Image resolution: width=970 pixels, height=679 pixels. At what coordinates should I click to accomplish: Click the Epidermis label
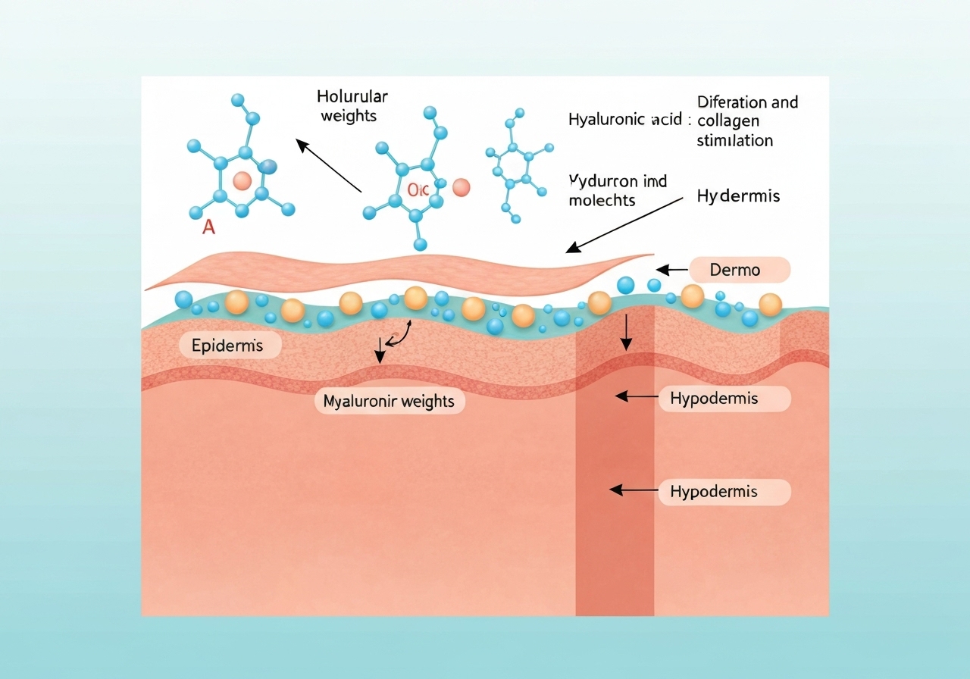click(227, 346)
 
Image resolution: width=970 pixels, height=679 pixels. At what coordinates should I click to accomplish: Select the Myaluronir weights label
click(389, 401)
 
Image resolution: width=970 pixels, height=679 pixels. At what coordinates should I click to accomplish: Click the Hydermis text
click(738, 196)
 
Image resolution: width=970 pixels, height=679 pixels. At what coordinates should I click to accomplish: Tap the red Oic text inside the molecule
click(418, 190)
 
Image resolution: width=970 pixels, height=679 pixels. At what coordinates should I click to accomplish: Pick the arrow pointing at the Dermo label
click(671, 270)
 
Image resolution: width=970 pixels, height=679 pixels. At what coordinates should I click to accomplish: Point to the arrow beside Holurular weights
click(329, 165)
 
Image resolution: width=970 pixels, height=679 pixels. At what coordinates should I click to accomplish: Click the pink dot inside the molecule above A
click(242, 181)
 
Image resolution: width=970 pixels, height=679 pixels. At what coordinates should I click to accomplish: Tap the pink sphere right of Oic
click(461, 187)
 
